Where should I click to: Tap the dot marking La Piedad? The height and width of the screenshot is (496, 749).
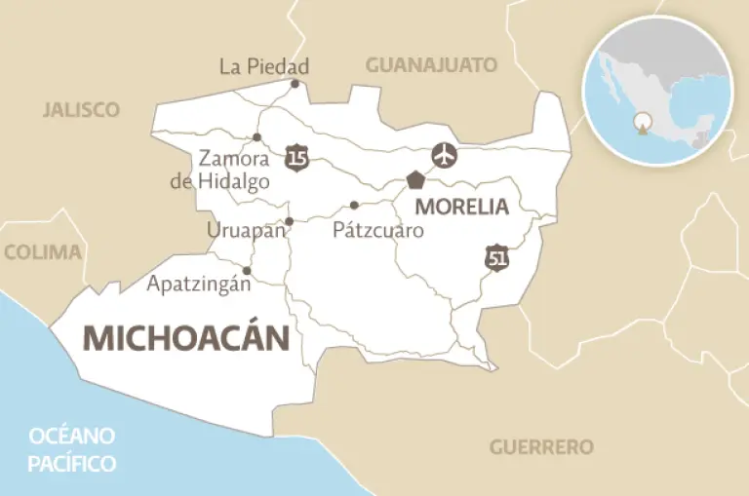point(296,84)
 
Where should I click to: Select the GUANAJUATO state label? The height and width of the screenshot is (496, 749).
point(431,65)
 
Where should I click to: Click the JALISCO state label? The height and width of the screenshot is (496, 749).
point(81,109)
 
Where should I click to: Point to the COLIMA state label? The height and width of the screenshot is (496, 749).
point(43,251)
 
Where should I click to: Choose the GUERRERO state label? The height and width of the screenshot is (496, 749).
point(541,447)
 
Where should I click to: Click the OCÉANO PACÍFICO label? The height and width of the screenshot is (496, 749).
point(72,448)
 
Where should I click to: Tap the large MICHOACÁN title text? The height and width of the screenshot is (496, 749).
point(186,337)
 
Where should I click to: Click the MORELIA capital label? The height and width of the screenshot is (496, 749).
point(461,207)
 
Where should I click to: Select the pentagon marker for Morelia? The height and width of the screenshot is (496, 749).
point(416,180)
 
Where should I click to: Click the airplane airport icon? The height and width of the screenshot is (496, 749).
point(445,155)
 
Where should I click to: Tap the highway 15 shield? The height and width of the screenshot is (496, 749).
point(297,156)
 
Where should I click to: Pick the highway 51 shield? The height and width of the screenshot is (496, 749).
point(497,258)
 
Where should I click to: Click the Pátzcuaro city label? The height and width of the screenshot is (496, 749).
point(378,231)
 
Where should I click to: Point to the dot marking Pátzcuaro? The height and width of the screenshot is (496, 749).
point(354,205)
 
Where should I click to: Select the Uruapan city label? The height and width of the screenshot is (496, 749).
point(246,230)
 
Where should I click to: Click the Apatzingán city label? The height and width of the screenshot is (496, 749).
point(199,285)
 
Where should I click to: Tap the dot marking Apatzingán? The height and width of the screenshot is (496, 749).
point(247,271)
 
